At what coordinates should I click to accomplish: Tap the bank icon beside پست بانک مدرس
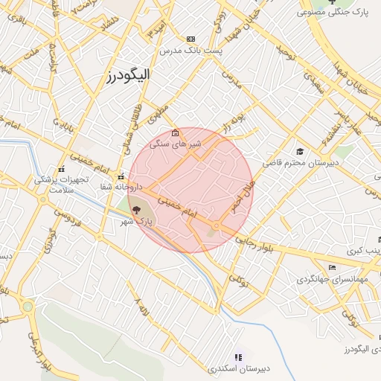(191, 39)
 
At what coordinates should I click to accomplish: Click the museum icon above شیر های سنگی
(175, 133)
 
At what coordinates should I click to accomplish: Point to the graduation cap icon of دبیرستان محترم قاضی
(299, 151)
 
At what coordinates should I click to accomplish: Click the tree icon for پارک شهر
(135, 211)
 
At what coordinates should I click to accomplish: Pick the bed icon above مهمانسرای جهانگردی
(332, 268)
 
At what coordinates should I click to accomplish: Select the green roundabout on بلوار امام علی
(28, 306)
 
